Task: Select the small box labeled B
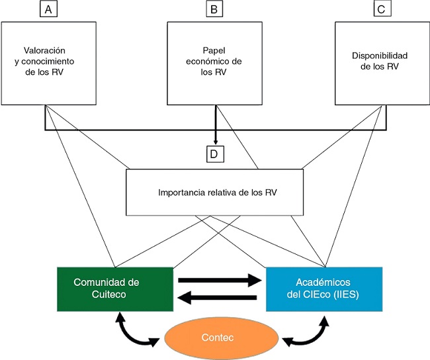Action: pos(215,10)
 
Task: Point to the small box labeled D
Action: pos(215,154)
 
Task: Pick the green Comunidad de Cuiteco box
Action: pos(114,289)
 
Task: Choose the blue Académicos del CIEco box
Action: pos(323,289)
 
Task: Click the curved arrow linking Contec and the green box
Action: pos(136,331)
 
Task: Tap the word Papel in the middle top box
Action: pos(216,50)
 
